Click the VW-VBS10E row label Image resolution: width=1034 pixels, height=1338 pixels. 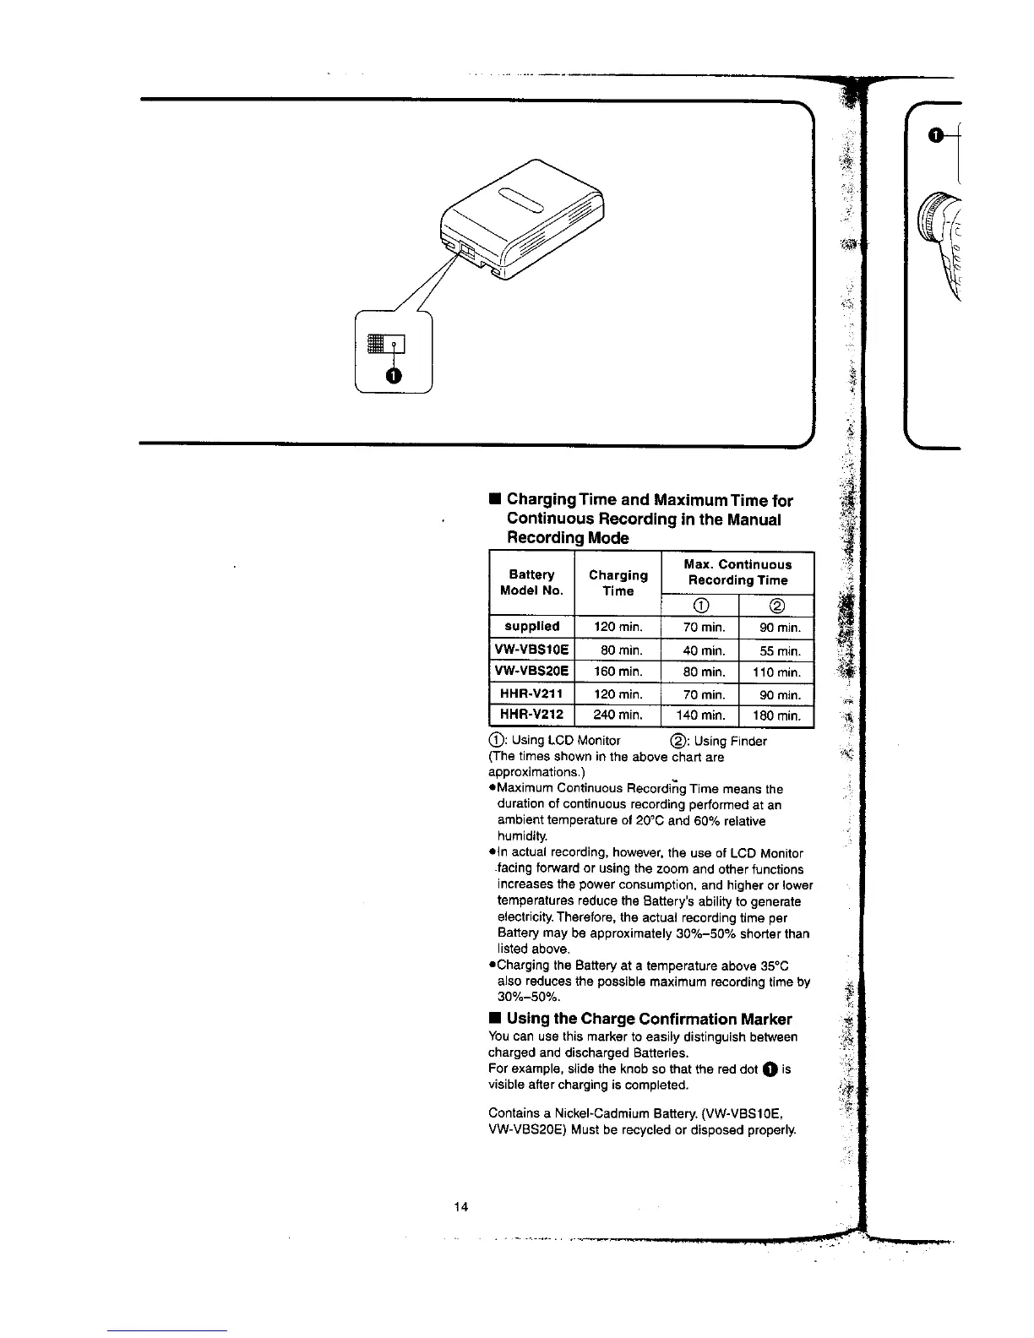coord(532,650)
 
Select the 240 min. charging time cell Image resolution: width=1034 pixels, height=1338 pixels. coord(618,715)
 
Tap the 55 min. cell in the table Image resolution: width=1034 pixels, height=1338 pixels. coord(776,650)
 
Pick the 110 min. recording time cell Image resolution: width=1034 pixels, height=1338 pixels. coord(776,672)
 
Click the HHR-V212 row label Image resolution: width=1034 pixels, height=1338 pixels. coord(532,715)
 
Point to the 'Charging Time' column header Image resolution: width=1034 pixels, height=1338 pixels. coord(618,583)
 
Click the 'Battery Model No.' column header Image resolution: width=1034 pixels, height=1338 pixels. coord(531,583)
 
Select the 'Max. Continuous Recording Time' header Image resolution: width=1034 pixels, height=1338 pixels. coord(737,573)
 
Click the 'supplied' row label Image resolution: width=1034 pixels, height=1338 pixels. coord(532,626)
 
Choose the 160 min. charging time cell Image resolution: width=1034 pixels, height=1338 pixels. coord(618,672)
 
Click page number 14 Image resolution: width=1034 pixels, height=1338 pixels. coord(460,1205)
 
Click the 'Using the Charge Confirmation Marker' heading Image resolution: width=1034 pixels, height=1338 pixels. coord(649,1019)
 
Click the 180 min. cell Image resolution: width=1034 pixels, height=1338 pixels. coord(776,715)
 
